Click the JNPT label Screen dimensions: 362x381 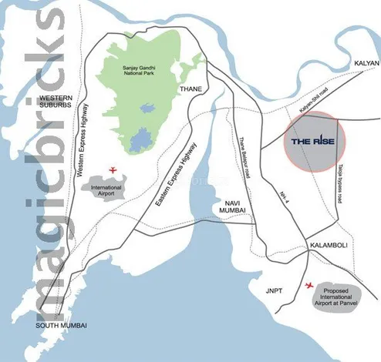(275, 292)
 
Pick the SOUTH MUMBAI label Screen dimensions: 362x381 (60, 326)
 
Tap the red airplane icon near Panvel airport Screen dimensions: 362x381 (310, 286)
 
